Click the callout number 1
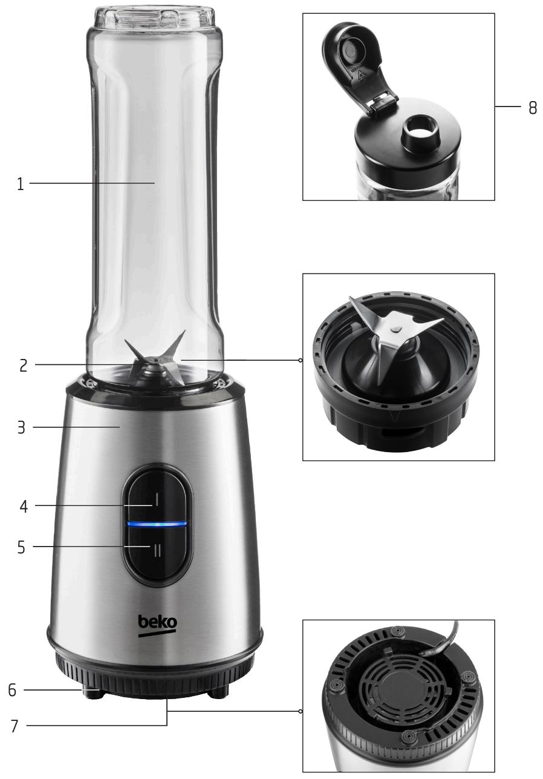pos(21,184)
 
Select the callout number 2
pos(23,366)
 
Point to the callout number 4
pos(22,505)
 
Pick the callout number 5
pos(22,548)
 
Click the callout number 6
pos(12,691)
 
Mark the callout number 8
pos(532,108)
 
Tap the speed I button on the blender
pos(157,499)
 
